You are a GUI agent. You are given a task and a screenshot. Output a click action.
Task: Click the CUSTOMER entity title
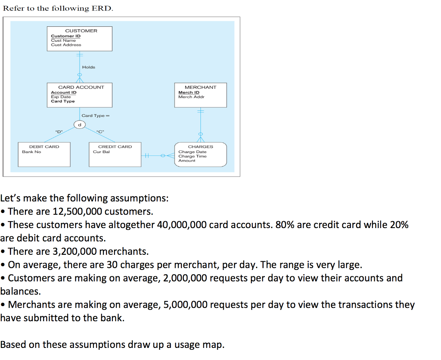(x=81, y=31)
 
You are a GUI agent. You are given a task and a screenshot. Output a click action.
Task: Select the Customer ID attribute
(x=65, y=36)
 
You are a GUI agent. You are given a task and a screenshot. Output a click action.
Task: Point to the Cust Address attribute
(x=66, y=45)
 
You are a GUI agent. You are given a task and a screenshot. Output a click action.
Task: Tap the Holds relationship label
(x=88, y=67)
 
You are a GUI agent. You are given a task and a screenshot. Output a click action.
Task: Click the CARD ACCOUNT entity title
(x=81, y=87)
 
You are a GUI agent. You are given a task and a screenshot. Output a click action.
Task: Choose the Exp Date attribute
(x=61, y=97)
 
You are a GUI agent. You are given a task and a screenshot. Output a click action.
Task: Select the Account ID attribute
(x=63, y=92)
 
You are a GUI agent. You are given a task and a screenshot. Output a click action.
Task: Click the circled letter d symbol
(x=78, y=125)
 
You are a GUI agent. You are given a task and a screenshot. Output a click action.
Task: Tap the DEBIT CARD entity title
(x=44, y=147)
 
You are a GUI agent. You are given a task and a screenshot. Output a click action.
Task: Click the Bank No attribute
(x=31, y=152)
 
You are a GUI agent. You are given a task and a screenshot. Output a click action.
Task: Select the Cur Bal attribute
(x=101, y=152)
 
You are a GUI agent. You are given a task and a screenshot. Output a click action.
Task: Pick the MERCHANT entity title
(x=200, y=87)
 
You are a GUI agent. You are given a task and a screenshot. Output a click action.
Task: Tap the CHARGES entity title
(x=200, y=147)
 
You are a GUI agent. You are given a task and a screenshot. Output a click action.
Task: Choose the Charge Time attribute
(x=192, y=156)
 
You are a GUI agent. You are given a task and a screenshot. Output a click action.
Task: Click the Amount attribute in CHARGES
(x=186, y=161)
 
